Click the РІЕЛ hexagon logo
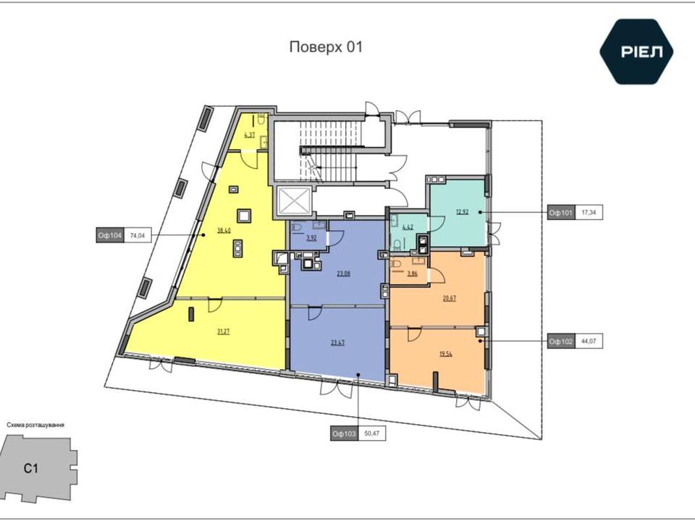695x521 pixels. (x=636, y=52)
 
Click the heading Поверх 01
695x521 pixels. (x=326, y=47)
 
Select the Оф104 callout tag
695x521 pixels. (x=110, y=236)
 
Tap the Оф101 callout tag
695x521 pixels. (x=562, y=213)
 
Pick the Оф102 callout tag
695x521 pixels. (x=562, y=341)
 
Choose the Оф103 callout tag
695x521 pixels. (x=345, y=433)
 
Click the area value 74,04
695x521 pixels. (x=138, y=236)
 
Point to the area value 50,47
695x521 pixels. (x=372, y=433)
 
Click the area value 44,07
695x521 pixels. (x=589, y=341)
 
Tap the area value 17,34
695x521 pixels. (x=589, y=213)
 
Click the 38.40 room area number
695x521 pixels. (x=224, y=230)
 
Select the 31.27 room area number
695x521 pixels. (x=224, y=331)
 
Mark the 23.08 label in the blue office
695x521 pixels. (x=343, y=274)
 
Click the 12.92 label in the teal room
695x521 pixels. (x=463, y=212)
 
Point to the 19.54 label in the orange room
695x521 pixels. (x=446, y=354)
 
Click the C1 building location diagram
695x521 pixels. (x=38, y=469)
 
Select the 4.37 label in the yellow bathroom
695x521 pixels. (x=250, y=135)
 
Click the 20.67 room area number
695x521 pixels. (x=449, y=298)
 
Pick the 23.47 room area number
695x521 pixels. (x=338, y=342)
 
